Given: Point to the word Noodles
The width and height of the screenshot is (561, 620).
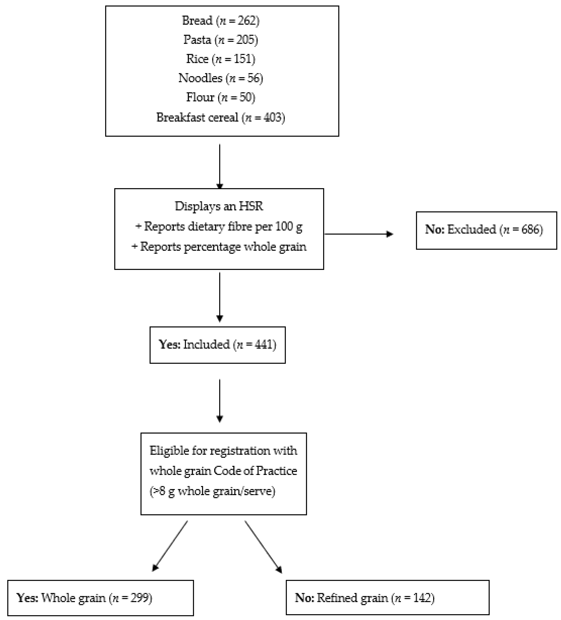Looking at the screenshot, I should (x=200, y=78).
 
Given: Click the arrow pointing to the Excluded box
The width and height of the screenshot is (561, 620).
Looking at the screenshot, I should (x=358, y=234).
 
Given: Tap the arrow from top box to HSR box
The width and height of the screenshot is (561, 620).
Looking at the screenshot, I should (x=220, y=166).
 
